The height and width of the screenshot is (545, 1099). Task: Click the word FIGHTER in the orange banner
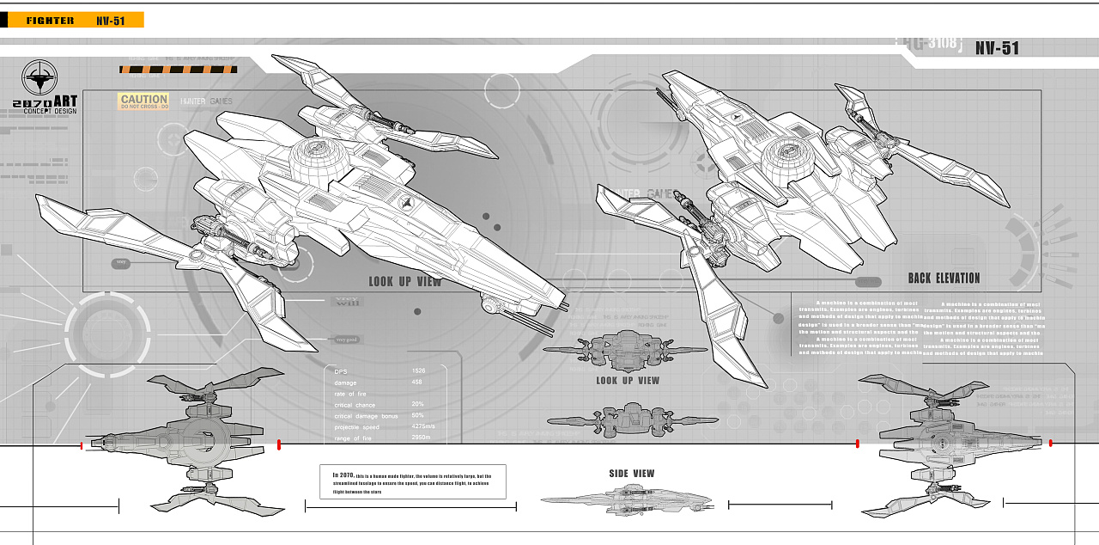(x=50, y=21)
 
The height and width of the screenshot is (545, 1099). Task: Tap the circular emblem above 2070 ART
(x=39, y=77)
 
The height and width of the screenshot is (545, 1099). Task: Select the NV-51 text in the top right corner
(x=997, y=49)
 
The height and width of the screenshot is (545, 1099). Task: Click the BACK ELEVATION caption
(x=944, y=279)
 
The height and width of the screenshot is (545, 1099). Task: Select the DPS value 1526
(x=418, y=371)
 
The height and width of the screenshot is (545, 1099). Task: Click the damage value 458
(x=416, y=383)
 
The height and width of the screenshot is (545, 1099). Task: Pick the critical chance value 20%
(x=417, y=405)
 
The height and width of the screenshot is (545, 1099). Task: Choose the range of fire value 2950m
(x=421, y=438)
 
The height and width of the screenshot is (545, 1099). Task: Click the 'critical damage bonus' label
(x=367, y=416)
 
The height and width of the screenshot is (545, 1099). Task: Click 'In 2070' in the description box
(x=343, y=475)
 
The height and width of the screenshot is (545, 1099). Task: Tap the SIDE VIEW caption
(x=631, y=474)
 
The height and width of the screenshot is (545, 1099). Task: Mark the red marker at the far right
(x=1050, y=444)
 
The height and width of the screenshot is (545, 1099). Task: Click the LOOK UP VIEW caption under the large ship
(x=404, y=282)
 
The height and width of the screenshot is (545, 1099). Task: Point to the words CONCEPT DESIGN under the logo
(x=50, y=111)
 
